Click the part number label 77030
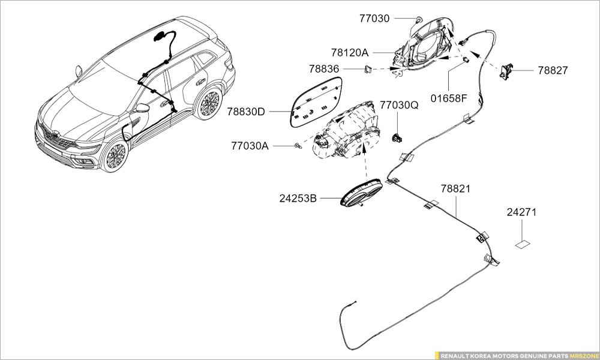point(374,19)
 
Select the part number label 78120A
point(349,53)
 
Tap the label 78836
point(325,70)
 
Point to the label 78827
point(552,70)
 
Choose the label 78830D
point(246,112)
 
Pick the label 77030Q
point(399,106)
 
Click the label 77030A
point(250,146)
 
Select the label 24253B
point(298,197)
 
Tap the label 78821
point(456,188)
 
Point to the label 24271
point(521,212)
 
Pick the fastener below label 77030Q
point(397,136)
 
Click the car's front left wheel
point(114,157)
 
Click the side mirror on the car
point(142,108)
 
